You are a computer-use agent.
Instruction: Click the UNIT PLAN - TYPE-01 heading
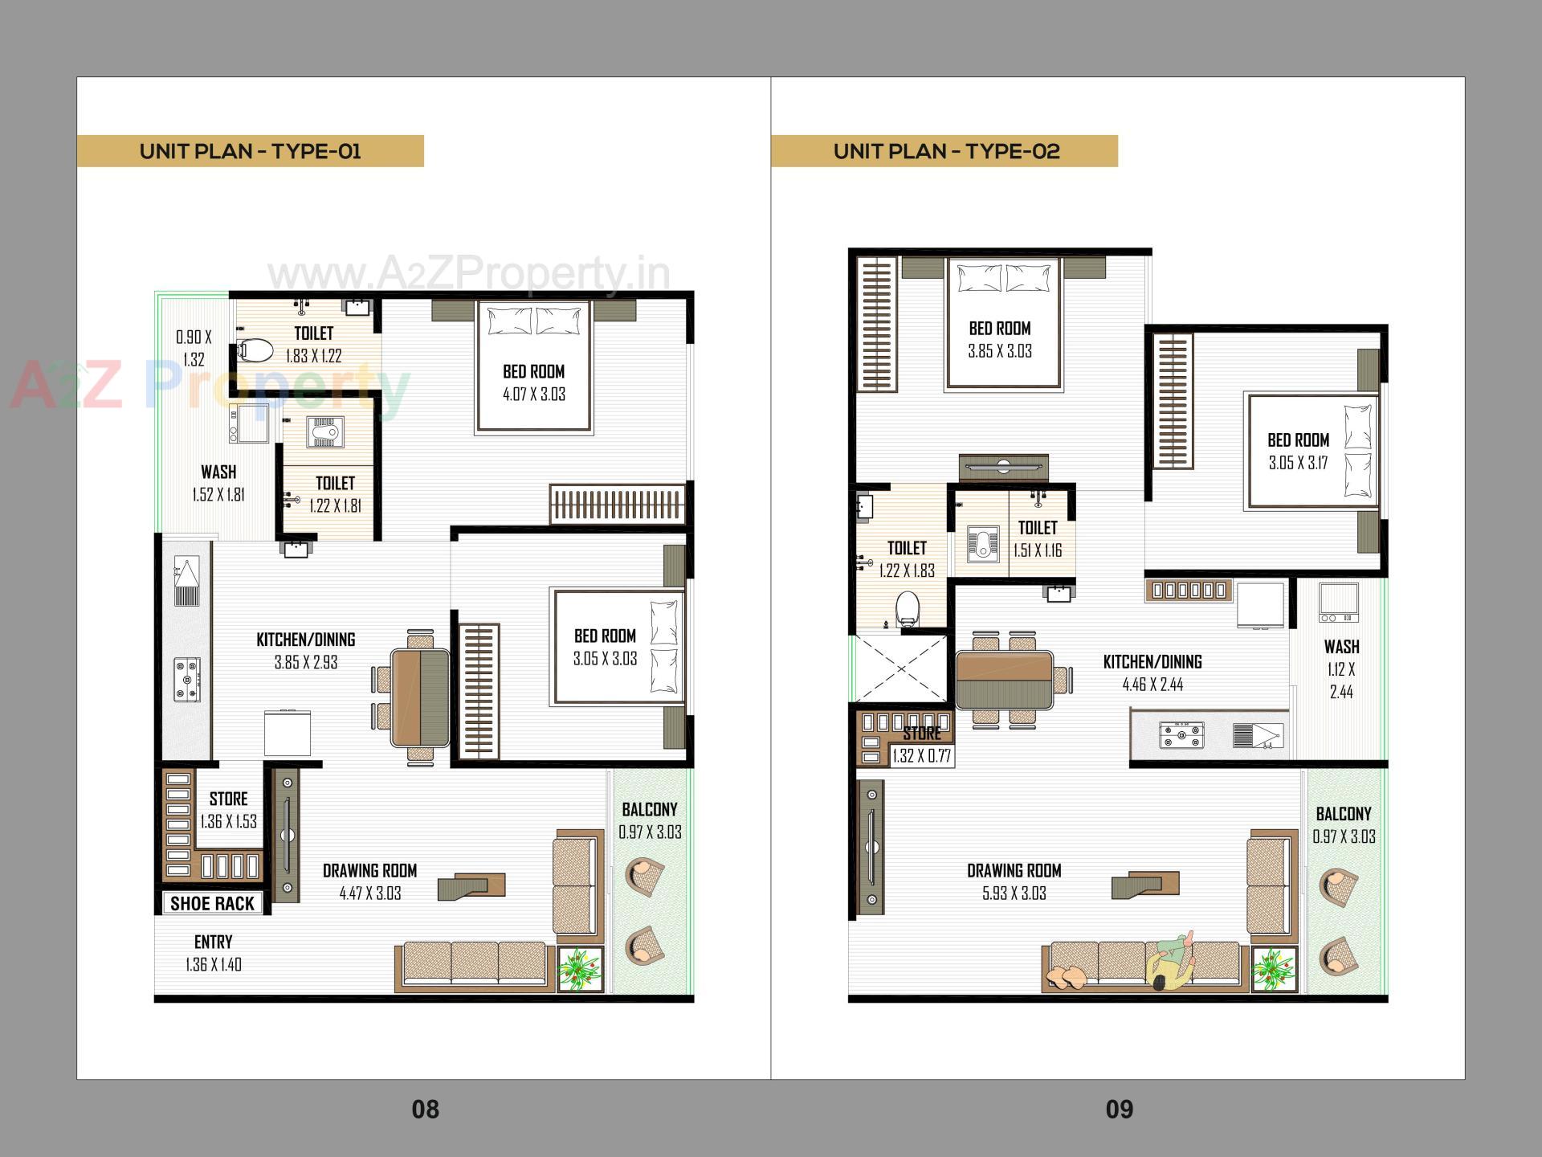(250, 151)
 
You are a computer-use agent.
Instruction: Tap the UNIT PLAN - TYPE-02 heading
(946, 151)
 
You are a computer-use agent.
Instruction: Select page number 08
(425, 1110)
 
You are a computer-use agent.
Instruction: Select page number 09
(1119, 1110)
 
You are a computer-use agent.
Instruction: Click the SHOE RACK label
(212, 903)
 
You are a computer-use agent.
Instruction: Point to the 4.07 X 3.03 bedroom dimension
(534, 395)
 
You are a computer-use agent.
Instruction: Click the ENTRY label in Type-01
(213, 942)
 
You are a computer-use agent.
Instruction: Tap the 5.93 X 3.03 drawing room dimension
(1014, 893)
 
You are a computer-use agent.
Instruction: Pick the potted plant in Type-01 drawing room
(580, 969)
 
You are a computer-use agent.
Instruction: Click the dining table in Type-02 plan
(1004, 679)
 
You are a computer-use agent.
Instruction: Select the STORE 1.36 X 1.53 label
(229, 810)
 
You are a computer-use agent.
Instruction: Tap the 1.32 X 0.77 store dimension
(921, 756)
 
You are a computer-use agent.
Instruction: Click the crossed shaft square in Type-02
(900, 668)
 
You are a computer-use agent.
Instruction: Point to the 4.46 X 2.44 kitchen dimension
(1152, 685)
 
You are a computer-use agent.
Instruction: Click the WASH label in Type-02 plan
(1341, 647)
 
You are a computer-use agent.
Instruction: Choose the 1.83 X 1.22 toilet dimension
(313, 356)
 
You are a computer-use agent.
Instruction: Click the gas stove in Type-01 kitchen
(187, 680)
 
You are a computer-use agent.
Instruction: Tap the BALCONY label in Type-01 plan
(649, 809)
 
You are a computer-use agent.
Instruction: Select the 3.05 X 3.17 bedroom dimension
(1298, 463)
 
